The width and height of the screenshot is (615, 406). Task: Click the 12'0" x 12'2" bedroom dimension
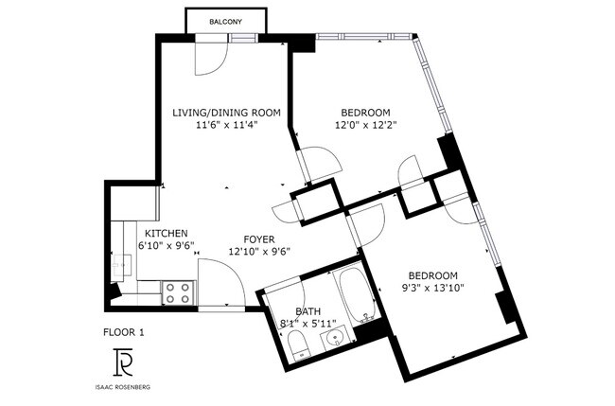365,125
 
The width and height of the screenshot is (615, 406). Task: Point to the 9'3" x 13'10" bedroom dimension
432,286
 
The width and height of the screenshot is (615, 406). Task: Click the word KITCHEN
166,234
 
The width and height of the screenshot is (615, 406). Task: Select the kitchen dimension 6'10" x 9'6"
166,246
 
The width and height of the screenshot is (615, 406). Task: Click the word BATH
308,311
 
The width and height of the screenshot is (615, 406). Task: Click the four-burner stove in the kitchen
177,292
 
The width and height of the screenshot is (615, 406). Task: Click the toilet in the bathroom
295,343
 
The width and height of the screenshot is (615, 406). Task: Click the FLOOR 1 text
123,332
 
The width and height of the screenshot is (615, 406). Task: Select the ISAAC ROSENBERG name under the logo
123,386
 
